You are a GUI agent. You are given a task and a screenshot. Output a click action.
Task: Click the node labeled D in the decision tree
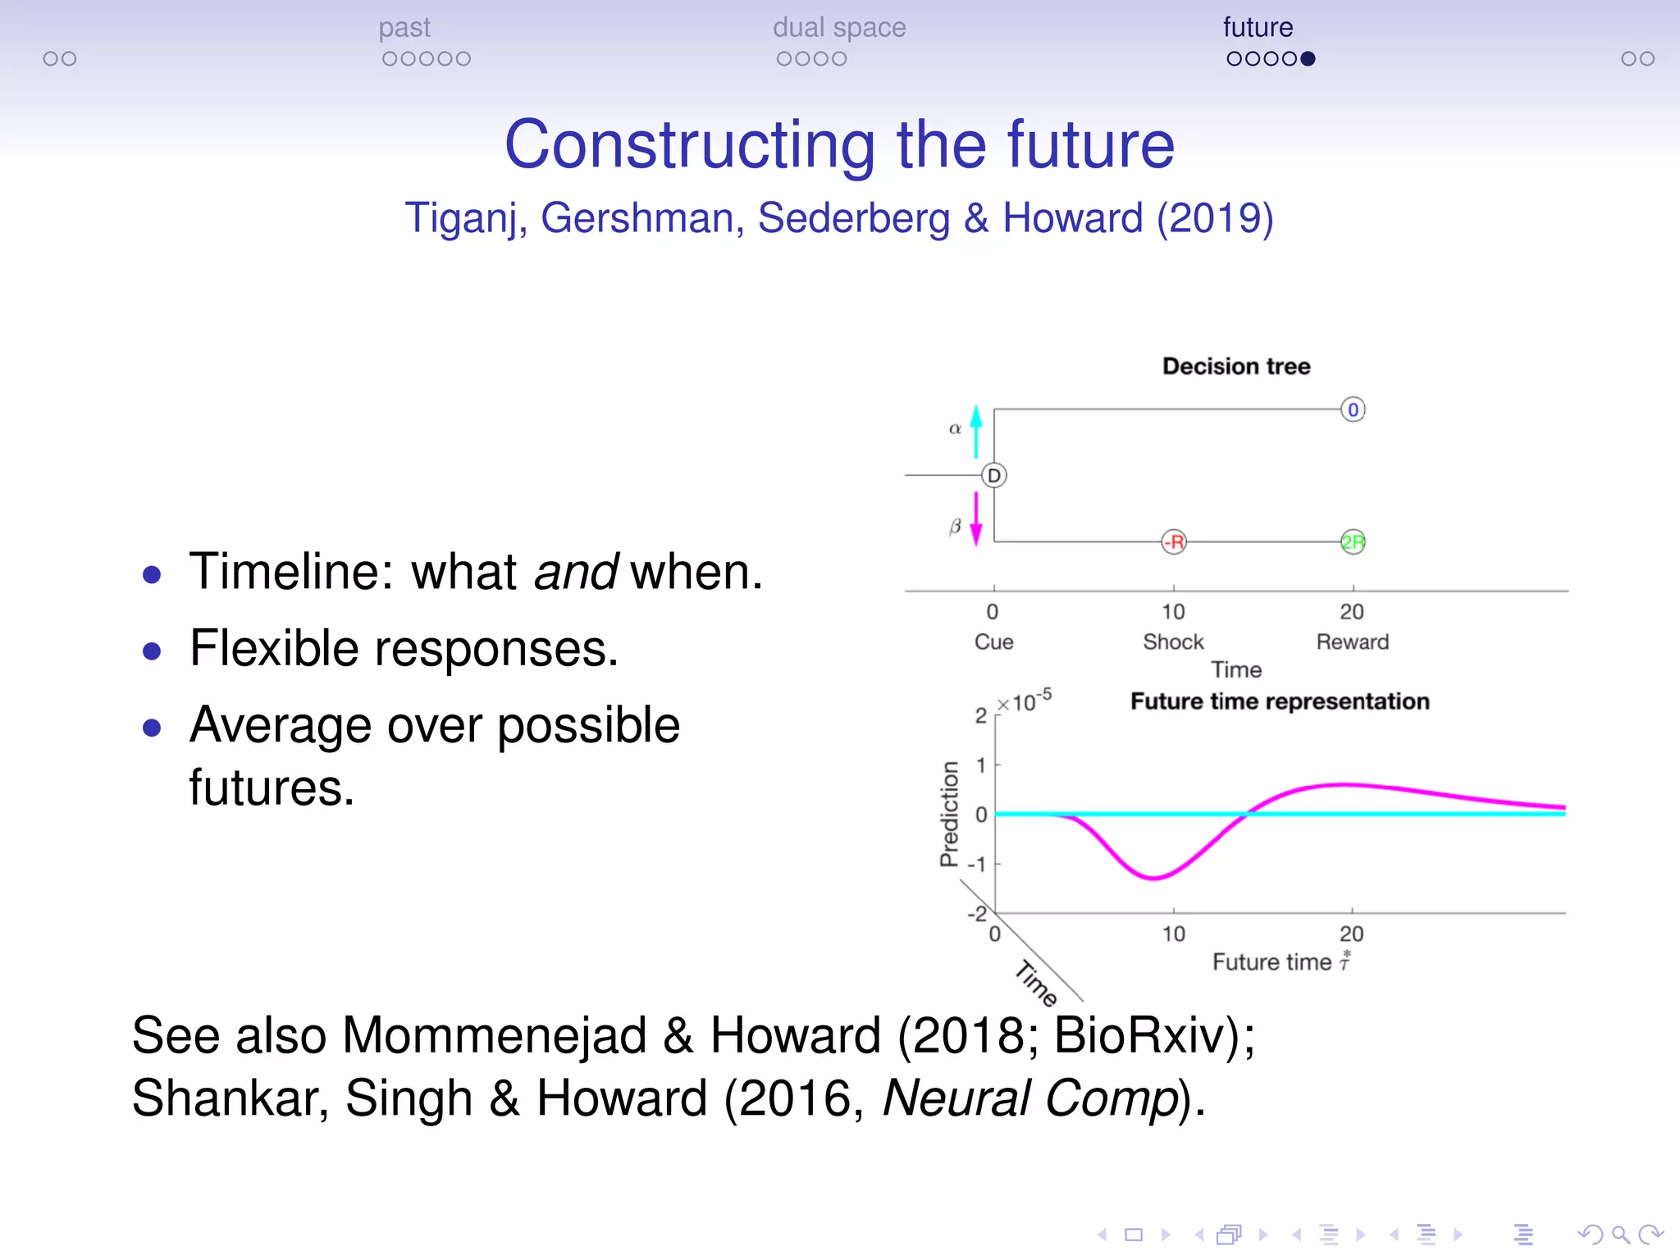point(994,476)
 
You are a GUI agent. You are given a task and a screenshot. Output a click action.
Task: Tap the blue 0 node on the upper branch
point(1353,409)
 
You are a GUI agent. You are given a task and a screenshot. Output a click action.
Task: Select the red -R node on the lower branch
point(1174,542)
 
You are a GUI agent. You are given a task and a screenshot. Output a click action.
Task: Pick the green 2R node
point(1353,542)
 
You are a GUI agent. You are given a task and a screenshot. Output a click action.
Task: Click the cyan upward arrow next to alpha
point(975,431)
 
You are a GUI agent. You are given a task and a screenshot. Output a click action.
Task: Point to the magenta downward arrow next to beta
point(975,518)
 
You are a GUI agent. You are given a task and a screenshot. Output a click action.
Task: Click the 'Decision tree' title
point(1236,367)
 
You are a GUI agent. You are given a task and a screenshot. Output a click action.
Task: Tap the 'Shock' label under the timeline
point(1173,642)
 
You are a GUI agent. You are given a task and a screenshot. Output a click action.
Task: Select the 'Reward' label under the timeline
point(1353,642)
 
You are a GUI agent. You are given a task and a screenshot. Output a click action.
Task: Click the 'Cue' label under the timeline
point(993,642)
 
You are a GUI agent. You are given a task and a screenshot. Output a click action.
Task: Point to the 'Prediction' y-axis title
point(949,814)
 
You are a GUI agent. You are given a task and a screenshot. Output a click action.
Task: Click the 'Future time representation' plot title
point(1280,702)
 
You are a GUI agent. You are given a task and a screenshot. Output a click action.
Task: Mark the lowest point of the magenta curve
point(1153,879)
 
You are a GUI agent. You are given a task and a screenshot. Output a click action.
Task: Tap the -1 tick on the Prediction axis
point(977,865)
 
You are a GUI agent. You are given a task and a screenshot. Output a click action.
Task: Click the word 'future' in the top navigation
point(1258,28)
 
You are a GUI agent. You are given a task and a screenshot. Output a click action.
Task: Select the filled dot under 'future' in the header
point(1308,59)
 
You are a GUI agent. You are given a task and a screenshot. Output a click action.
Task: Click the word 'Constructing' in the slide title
point(690,145)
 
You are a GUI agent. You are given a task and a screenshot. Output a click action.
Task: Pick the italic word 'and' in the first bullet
point(575,572)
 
